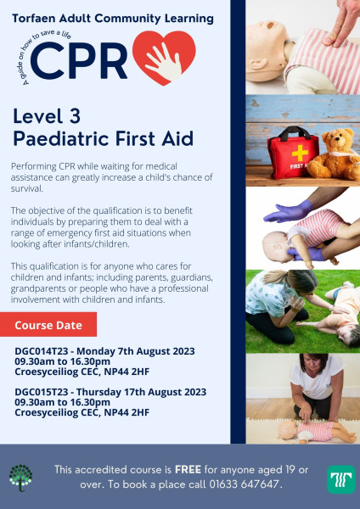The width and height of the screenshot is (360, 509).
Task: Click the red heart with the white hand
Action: click(164, 58)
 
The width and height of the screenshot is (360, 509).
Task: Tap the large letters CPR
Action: click(79, 61)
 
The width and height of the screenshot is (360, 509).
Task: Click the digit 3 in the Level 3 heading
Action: click(75, 116)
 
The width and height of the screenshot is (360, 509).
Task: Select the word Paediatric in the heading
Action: click(61, 138)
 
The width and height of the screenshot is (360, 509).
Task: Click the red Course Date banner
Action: click(48, 325)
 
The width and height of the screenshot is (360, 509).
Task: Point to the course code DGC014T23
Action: click(42, 351)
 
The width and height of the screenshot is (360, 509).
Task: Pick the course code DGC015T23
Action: click(42, 392)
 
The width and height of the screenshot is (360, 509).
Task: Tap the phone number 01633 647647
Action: click(244, 484)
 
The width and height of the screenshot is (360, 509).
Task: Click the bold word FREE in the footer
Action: click(188, 469)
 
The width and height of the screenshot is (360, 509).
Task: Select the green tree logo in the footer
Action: click(20, 478)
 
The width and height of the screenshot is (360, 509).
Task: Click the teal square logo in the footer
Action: click(341, 479)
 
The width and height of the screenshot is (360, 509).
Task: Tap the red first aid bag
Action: click(293, 154)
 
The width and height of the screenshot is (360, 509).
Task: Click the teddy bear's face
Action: click(338, 140)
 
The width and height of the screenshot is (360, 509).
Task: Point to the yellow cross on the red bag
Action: click(300, 154)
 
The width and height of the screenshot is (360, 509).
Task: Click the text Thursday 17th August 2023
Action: click(141, 392)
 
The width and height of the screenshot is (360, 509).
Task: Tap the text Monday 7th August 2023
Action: click(136, 351)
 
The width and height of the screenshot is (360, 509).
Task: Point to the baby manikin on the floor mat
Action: click(318, 432)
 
